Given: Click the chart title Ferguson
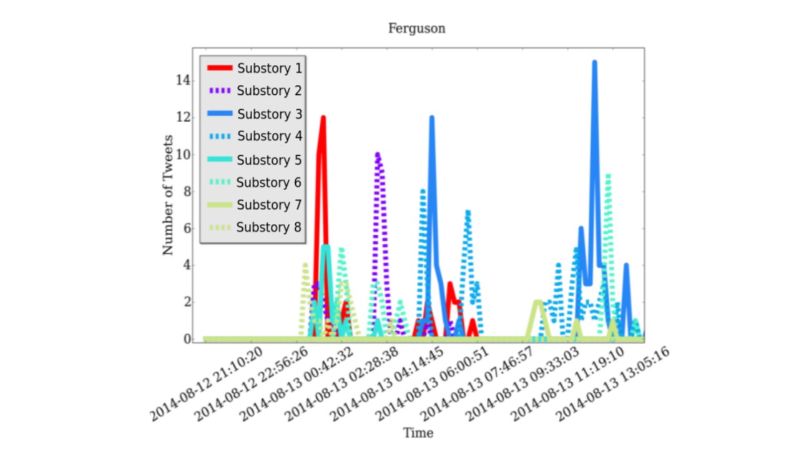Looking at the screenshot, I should [416, 29].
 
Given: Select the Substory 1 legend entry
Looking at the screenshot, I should [269, 69].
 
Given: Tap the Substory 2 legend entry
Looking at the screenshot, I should [269, 91].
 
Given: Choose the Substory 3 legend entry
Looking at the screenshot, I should [269, 114].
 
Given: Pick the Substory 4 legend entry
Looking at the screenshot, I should [269, 137].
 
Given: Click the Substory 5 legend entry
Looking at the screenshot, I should [269, 160].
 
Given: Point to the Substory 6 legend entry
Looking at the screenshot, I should [269, 182].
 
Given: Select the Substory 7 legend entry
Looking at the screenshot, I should [269, 205].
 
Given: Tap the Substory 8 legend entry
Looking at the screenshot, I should [269, 228].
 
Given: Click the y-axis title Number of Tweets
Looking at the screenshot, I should [168, 195].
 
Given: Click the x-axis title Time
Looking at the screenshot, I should [418, 433].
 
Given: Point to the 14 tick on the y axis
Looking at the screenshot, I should [182, 80].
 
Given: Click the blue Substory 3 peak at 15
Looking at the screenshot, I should [594, 62].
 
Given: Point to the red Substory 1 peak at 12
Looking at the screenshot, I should [323, 118].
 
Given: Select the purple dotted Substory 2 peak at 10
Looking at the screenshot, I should [377, 155].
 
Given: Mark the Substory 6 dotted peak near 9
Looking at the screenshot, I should [608, 176].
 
